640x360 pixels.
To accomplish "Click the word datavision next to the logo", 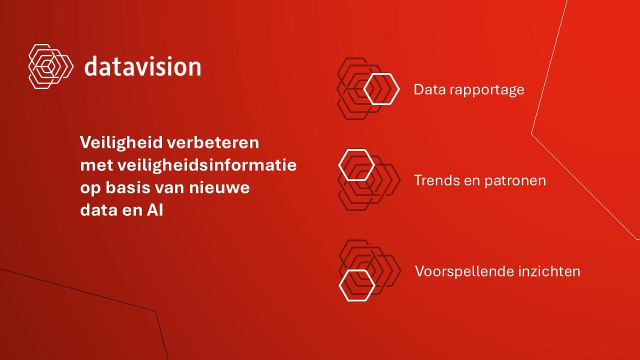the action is tap(143, 66).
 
